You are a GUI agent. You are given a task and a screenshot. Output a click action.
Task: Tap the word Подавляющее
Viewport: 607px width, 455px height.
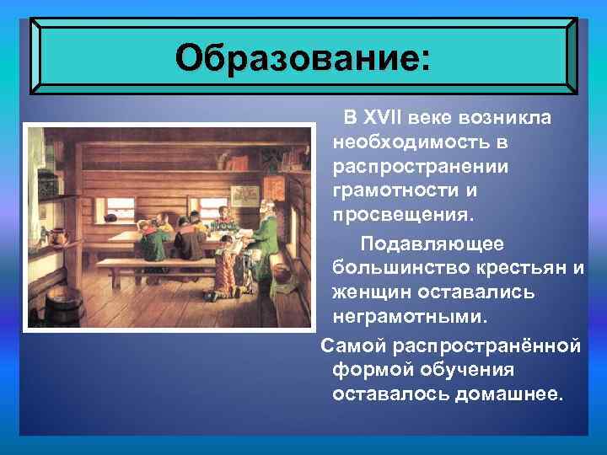click(432, 244)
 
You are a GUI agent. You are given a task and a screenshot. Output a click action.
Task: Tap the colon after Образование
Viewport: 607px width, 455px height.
click(422, 59)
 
